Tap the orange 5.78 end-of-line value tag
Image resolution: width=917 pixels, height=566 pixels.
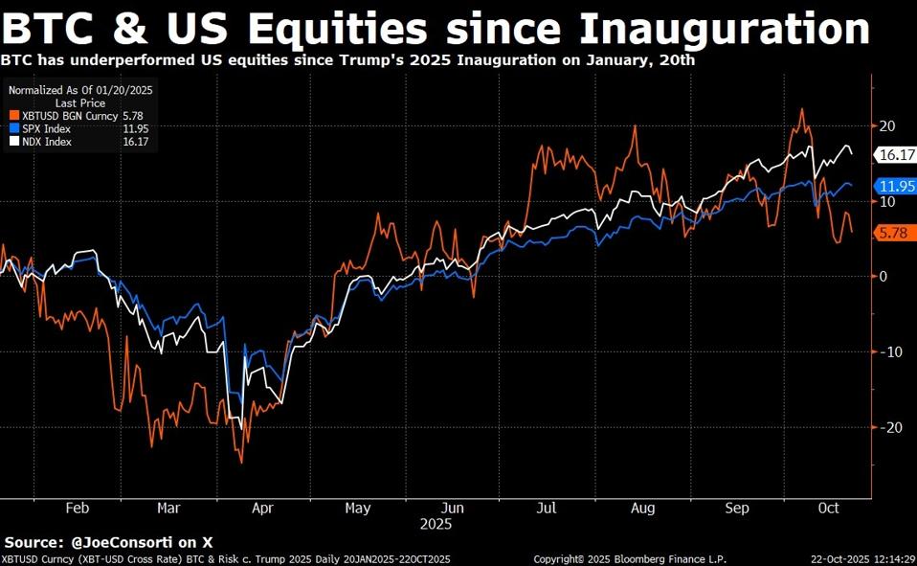[892, 233]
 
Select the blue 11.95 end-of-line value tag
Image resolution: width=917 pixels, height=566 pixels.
[896, 186]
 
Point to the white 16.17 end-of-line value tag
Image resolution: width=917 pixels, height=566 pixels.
[896, 154]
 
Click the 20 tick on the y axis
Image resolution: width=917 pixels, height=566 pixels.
[887, 126]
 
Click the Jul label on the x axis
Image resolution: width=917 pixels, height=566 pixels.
[547, 508]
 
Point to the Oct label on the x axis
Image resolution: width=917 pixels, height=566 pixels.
[828, 508]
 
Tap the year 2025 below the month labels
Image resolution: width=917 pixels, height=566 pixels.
[435, 524]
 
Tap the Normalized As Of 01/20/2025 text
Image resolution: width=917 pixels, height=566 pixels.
[80, 89]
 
